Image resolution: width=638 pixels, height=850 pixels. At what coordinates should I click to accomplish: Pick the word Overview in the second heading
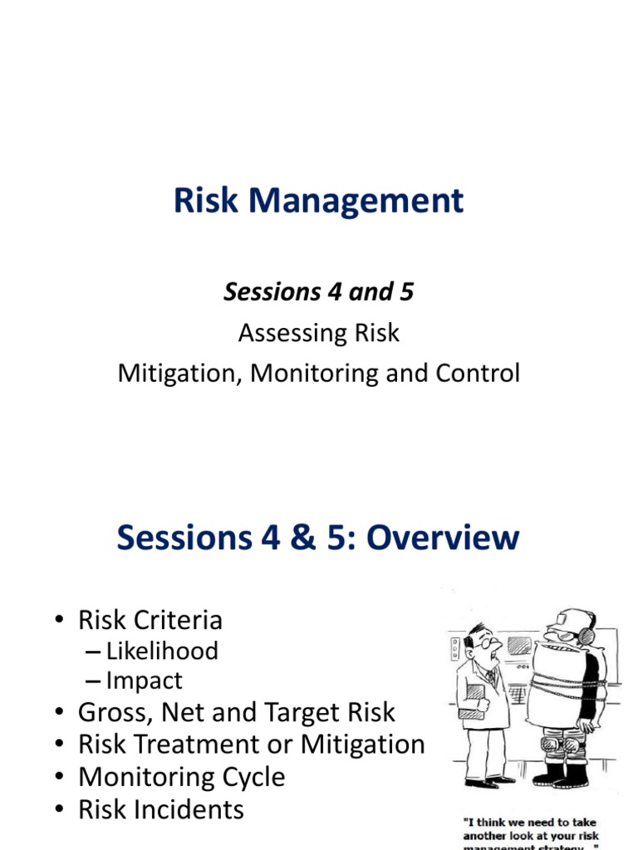[443, 538]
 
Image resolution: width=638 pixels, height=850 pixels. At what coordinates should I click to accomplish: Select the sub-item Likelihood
[162, 651]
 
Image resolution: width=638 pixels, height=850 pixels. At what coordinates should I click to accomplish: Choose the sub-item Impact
[144, 681]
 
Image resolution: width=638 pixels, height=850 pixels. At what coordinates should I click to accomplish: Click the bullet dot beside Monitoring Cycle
[61, 778]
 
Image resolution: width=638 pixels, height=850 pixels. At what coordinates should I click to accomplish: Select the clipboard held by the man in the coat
[472, 711]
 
